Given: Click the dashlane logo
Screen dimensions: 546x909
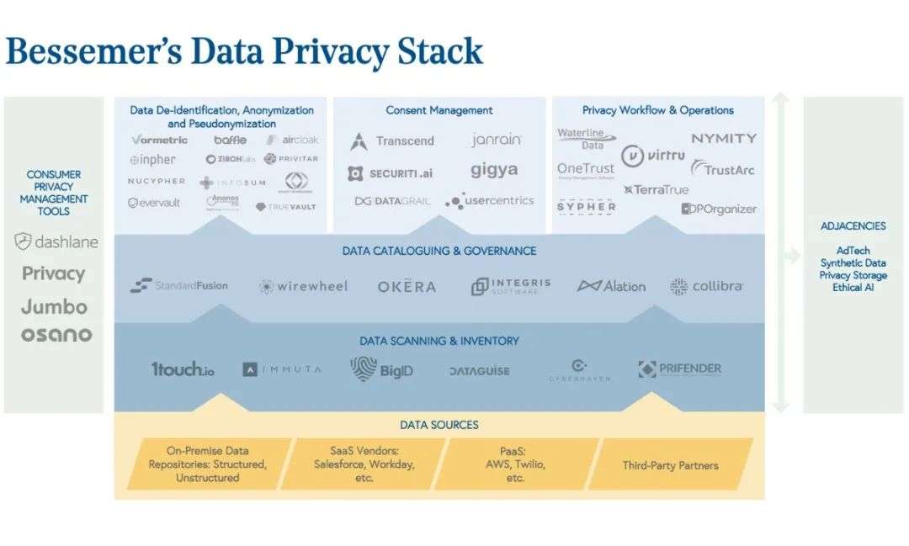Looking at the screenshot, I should click(x=56, y=242).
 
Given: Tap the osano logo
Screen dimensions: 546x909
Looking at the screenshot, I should click(x=56, y=335).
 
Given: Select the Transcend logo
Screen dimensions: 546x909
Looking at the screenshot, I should click(x=392, y=141).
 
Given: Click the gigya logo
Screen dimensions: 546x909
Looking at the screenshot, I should click(x=494, y=170).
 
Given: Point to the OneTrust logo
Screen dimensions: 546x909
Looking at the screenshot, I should click(x=586, y=169).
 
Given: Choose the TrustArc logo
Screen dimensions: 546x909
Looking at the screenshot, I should click(x=723, y=169).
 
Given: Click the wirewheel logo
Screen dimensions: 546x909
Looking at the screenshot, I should click(x=303, y=286).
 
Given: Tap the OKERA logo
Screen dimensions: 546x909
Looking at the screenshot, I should click(x=407, y=286).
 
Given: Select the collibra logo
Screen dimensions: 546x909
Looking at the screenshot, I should click(x=707, y=286).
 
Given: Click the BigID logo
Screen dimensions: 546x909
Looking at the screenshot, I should click(x=382, y=369).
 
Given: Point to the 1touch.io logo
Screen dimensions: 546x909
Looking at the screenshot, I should click(x=183, y=369).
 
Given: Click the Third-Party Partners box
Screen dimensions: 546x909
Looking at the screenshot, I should click(x=671, y=465).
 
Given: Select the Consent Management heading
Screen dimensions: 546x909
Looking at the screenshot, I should click(x=439, y=110).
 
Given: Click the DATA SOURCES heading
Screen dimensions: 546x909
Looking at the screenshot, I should click(x=439, y=425).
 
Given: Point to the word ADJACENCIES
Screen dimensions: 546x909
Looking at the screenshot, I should click(x=853, y=226).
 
